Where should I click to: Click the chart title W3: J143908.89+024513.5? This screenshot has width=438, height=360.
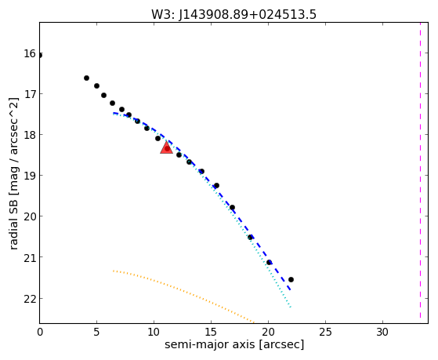233,14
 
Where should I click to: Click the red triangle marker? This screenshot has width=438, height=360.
166,148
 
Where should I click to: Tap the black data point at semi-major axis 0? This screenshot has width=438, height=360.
40,55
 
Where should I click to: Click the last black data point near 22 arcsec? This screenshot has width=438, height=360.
291,279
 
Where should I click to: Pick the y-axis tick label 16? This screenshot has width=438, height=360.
30,53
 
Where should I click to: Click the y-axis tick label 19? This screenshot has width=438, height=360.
30,176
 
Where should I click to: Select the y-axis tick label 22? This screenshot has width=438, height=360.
30,299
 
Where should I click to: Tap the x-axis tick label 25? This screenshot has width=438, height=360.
325,332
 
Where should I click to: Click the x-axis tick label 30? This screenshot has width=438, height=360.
382,332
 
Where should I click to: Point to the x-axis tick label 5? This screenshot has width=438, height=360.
96,332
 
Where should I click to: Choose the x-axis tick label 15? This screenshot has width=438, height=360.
211,332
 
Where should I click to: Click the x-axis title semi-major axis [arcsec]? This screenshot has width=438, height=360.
234,344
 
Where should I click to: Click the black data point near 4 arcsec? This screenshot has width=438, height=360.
87,78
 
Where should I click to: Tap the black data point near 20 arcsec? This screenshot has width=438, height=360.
269,263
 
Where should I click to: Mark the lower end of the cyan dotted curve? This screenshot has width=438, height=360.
291,307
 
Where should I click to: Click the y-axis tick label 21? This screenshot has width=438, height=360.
30,257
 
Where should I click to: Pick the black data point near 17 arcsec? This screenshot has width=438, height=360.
232,208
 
